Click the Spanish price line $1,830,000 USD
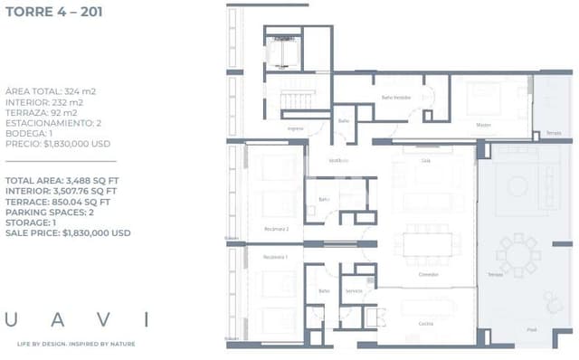58,143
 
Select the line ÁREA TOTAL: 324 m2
51,91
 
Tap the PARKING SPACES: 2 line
50,212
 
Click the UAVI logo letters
77,319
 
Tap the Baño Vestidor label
396,97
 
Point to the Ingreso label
296,128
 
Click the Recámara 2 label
276,229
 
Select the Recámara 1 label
275,257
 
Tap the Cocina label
425,323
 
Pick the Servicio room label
354,290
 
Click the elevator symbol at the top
285,54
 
